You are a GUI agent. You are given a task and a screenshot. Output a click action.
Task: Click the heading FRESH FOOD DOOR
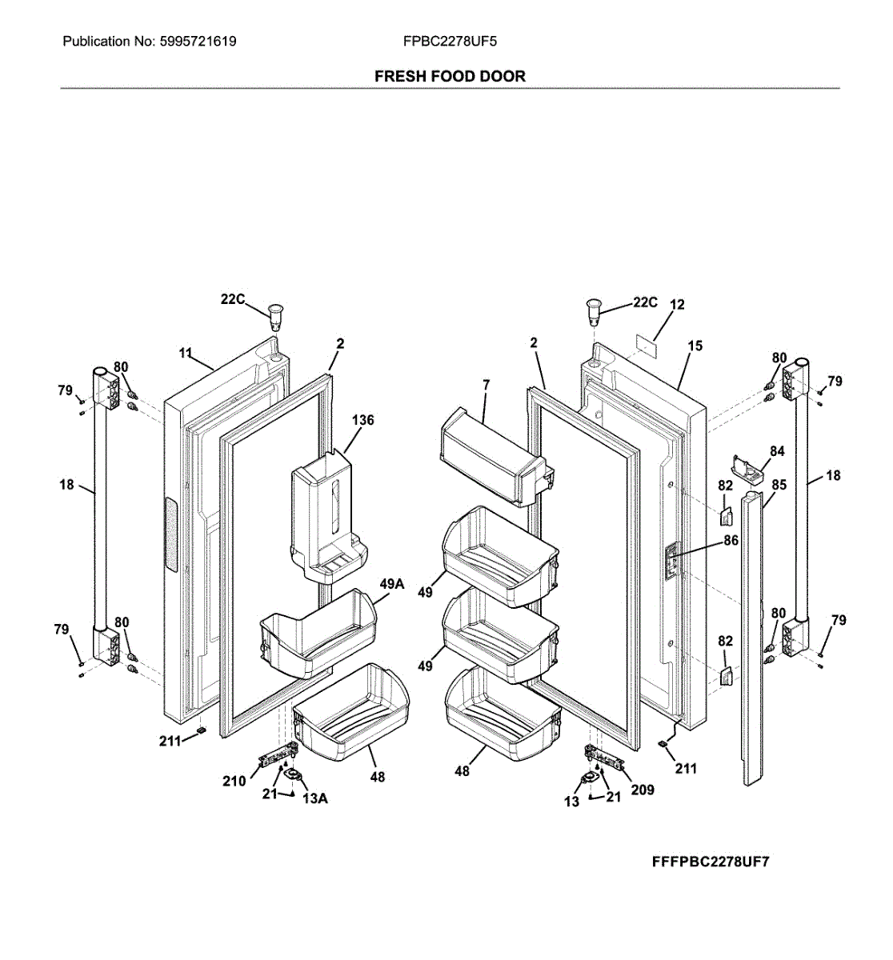[450, 76]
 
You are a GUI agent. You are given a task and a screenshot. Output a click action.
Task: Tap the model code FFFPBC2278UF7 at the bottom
[711, 862]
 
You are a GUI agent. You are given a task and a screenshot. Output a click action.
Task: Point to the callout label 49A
[391, 585]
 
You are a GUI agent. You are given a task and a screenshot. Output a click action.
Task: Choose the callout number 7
[485, 386]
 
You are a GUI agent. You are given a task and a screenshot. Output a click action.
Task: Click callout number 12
[677, 305]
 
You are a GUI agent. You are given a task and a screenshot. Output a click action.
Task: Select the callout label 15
[695, 346]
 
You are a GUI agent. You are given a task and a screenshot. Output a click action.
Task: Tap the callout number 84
[777, 451]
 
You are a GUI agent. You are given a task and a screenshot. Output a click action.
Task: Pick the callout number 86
[731, 541]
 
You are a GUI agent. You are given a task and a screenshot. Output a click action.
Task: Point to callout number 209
[642, 790]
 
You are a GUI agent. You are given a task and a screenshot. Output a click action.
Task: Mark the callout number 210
[234, 781]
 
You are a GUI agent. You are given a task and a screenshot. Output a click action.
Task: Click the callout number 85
[779, 485]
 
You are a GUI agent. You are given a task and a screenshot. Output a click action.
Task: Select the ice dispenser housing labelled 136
[326, 516]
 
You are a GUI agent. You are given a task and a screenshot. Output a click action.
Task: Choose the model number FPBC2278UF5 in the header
[450, 41]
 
